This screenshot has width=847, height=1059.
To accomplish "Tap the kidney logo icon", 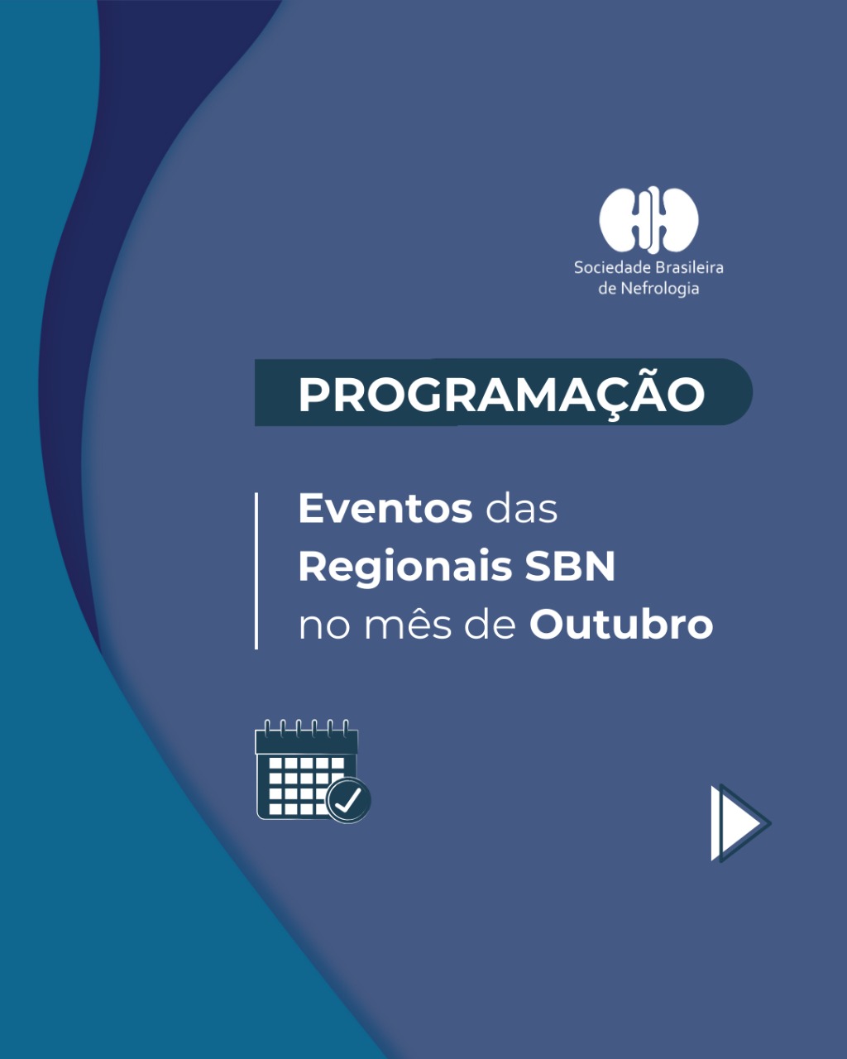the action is [x=648, y=220].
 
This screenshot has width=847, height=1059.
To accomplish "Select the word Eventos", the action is [x=385, y=509].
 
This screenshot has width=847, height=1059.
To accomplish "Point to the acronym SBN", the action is [x=570, y=567].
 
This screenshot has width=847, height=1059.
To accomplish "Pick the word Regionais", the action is [x=405, y=569].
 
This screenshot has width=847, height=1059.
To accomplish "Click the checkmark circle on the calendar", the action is [x=349, y=800].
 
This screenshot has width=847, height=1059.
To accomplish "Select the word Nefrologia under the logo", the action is [x=659, y=289].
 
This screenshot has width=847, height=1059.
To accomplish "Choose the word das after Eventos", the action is [x=521, y=509].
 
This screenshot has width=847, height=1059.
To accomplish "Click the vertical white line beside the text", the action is [x=256, y=571].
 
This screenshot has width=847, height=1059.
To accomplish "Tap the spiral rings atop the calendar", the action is [x=306, y=728].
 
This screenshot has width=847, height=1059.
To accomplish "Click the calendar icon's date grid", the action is [x=300, y=786].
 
